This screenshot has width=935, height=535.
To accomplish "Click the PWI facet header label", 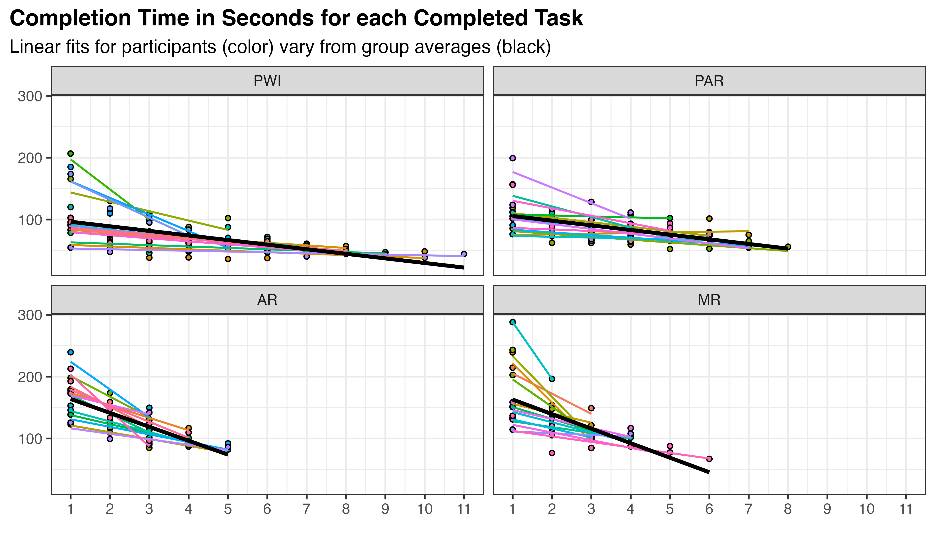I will pos(267,81).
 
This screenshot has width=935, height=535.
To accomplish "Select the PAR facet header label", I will pos(709,81).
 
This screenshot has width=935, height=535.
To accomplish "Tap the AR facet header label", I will pos(267,300).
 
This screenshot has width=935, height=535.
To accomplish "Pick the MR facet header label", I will pos(709,300).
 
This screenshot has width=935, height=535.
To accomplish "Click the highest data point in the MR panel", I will pos(513,322).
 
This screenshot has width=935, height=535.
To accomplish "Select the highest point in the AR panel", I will pos(70,352).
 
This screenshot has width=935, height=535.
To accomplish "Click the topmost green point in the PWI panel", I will pos(70,154).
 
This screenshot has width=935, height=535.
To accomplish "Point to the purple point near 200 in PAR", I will pos(513,158).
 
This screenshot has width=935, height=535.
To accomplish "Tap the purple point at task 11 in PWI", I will pos(464,254).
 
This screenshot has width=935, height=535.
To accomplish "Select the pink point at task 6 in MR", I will pos(709,459).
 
